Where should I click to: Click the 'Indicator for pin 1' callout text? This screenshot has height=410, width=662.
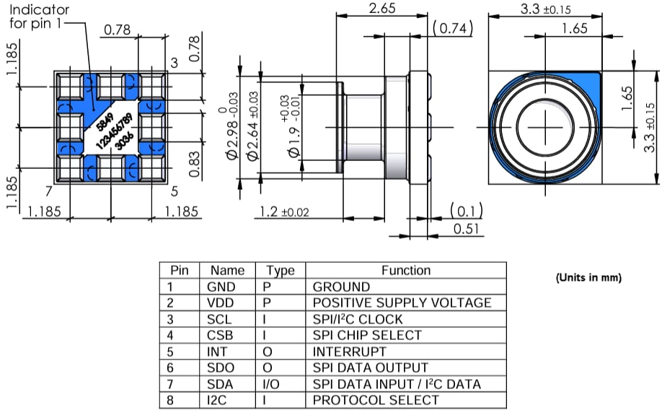[x=39, y=17]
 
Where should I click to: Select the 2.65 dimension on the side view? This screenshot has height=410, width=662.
[x=381, y=8]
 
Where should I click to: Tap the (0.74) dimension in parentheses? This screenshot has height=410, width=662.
[x=452, y=28]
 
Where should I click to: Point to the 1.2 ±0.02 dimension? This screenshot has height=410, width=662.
[x=288, y=212]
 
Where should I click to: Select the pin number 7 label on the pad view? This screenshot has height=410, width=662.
[x=48, y=192]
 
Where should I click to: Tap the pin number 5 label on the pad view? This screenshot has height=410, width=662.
[x=173, y=192]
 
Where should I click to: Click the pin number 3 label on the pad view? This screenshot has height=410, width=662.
[x=174, y=64]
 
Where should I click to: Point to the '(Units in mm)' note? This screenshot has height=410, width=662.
[x=588, y=278]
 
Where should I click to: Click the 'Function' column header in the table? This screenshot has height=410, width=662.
[x=405, y=270]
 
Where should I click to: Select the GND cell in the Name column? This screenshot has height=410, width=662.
[x=221, y=287]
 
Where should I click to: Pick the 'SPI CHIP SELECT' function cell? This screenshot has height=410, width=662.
[x=367, y=335]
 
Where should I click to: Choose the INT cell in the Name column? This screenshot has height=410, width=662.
[x=216, y=352]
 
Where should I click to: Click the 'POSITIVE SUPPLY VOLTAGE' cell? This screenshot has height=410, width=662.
[x=402, y=302]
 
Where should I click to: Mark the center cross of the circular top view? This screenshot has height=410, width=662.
[x=544, y=124]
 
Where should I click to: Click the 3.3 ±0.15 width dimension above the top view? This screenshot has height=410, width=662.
[x=545, y=9]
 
